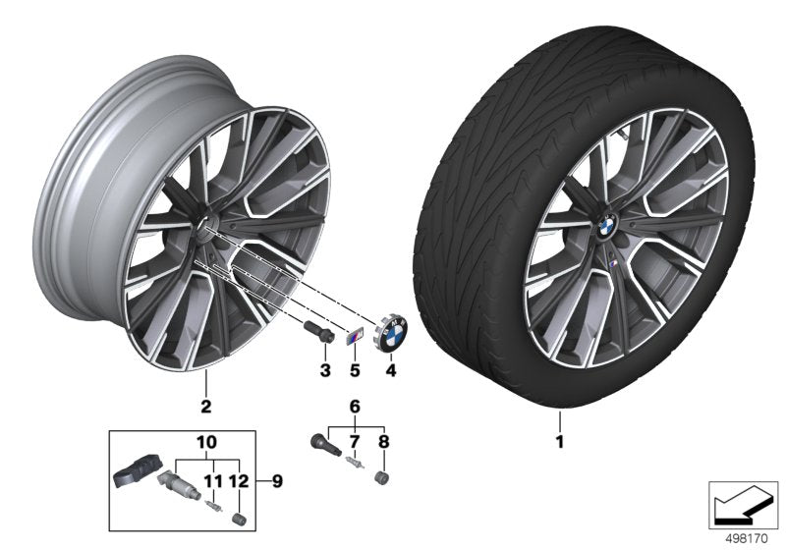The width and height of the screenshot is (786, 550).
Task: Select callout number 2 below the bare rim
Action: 205,405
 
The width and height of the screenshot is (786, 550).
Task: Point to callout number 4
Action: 390,370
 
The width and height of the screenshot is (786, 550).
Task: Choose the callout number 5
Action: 356,370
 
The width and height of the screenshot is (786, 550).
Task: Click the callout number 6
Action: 356,405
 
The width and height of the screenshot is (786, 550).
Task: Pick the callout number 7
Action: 356,442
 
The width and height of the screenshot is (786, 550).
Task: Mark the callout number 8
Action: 384,442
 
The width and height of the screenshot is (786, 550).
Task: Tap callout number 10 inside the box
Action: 206,444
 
